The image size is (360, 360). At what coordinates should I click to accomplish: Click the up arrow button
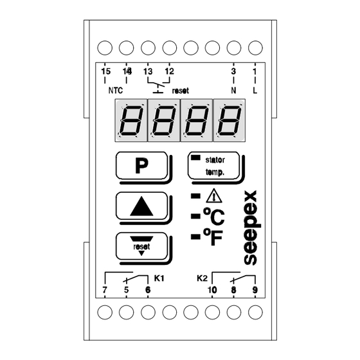[141, 206]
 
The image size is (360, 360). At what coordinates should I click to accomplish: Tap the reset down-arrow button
[141, 246]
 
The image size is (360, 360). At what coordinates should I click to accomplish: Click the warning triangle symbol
[214, 196]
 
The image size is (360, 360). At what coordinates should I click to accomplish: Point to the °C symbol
[213, 216]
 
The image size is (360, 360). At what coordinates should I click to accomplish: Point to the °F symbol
[213, 237]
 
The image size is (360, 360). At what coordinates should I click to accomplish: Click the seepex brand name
[252, 228]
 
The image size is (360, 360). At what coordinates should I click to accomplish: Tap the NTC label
[116, 91]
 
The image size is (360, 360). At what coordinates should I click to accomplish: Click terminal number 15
[106, 71]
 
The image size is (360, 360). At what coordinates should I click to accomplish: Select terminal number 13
[148, 71]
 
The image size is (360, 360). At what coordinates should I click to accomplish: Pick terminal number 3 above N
[233, 71]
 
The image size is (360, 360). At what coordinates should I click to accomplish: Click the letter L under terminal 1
[255, 91]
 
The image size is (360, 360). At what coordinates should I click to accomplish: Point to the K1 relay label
[159, 278]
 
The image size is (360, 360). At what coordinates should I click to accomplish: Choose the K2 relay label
[202, 278]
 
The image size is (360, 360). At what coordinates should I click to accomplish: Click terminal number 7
[105, 290]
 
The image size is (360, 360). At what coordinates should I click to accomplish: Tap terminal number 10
[212, 290]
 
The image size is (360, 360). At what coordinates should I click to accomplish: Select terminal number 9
[255, 290]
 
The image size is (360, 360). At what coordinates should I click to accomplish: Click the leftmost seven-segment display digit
[131, 120]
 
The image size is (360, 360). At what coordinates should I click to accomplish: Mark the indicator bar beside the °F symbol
[195, 237]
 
